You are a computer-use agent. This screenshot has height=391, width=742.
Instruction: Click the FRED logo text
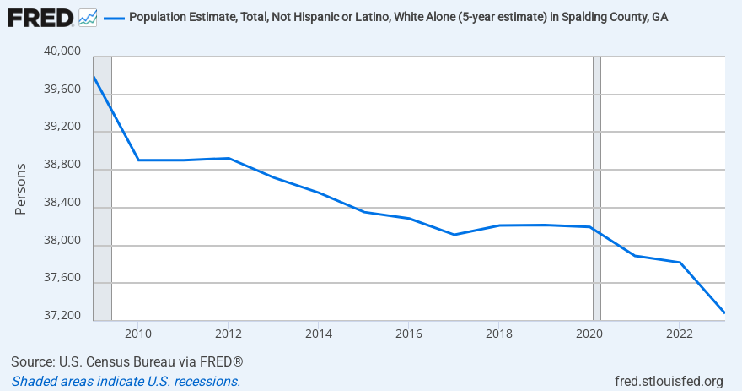40,17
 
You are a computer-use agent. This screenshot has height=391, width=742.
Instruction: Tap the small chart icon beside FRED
87,17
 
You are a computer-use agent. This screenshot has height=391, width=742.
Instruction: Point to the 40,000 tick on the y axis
61,52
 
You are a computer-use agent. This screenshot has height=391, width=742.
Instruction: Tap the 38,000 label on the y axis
61,242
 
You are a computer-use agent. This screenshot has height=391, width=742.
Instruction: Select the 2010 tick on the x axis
138,332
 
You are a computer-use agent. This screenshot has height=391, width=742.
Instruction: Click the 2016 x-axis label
408,332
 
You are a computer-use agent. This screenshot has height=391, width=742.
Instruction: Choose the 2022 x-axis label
679,332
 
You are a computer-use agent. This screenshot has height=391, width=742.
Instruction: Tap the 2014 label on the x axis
318,332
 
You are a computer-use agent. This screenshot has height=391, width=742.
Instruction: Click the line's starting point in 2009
94,78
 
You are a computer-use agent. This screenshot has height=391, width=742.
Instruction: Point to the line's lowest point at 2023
724,313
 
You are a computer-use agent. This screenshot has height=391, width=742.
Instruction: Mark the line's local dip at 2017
454,235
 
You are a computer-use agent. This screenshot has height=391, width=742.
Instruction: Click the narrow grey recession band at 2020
597,186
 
